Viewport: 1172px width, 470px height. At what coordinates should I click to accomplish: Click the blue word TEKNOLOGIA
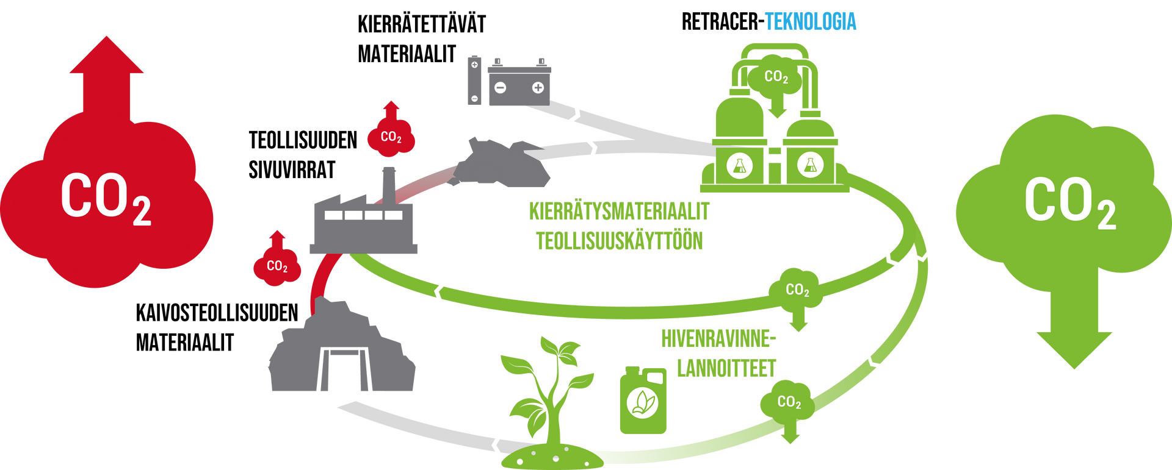811,21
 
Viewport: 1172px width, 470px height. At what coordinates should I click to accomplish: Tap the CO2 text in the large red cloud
105,198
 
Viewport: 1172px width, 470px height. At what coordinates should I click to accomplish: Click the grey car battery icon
519,82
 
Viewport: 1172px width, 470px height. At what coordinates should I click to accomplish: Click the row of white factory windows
363,215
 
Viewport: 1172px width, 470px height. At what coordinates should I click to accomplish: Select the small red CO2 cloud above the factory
391,137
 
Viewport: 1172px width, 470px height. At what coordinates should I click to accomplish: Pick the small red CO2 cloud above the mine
277,266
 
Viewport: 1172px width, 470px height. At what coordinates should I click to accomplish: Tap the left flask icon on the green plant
739,165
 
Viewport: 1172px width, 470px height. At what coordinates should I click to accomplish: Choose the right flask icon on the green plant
810,165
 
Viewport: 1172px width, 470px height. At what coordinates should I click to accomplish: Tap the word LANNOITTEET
726,368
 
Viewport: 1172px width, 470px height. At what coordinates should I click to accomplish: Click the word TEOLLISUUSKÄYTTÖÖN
620,240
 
